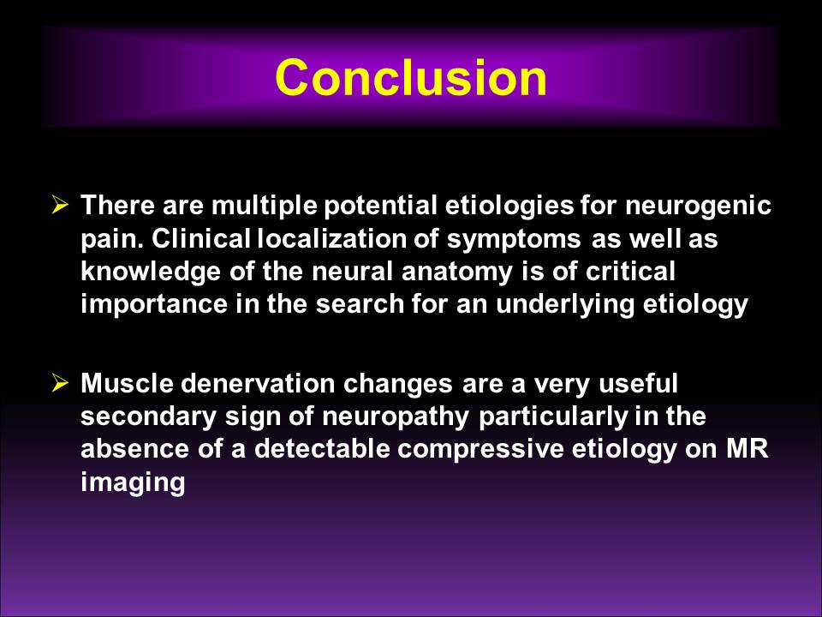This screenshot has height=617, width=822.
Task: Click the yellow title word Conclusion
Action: [411, 78]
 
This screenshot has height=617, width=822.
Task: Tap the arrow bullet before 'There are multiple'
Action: [60, 204]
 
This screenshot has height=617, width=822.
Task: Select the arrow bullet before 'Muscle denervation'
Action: [60, 383]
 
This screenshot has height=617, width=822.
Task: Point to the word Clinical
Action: [200, 239]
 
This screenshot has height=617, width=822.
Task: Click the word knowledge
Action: [151, 273]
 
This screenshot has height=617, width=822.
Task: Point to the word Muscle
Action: [127, 383]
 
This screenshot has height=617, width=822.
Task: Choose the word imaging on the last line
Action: [134, 482]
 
